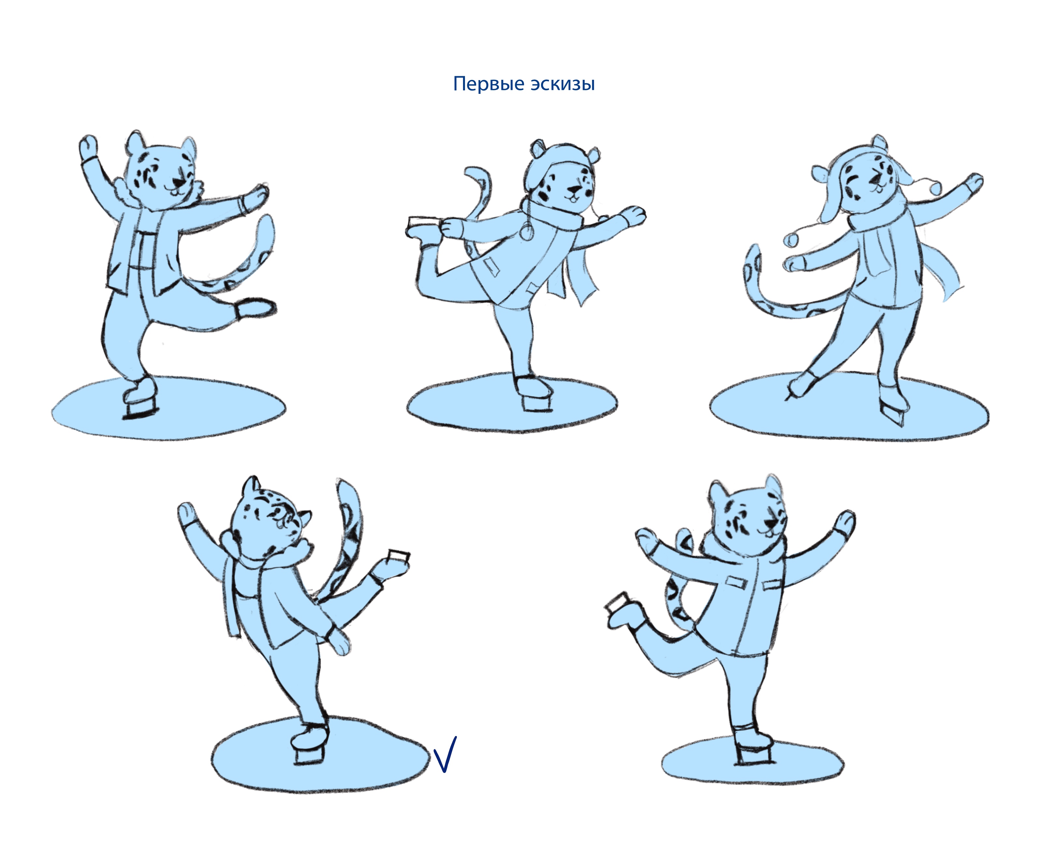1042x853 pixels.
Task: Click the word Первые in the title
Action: tap(488, 84)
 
